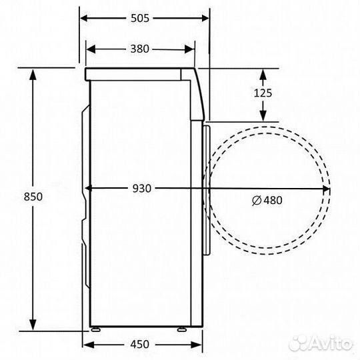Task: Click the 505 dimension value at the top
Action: [139, 19]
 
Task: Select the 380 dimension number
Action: [139, 49]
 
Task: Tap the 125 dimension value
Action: [263, 93]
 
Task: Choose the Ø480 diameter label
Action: [269, 199]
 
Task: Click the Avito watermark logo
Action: [328, 344]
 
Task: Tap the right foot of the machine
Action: [182, 328]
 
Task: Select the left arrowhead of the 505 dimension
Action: [85, 19]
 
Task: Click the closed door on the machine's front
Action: [207, 189]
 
